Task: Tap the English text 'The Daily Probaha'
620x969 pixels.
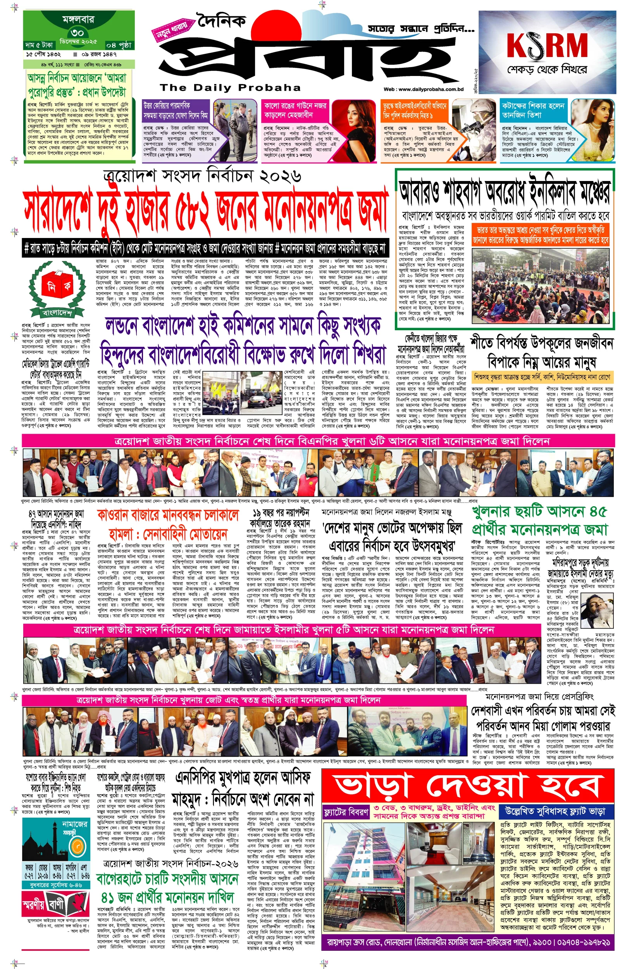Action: pos(230,87)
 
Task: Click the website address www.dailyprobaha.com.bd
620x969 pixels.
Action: pos(424,90)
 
